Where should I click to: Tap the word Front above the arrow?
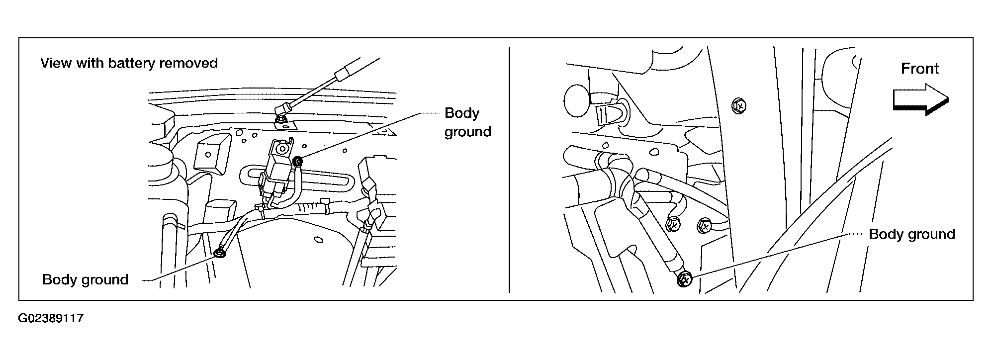pos(920,69)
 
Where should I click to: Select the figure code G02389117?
pos(51,318)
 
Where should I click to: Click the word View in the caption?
pos(56,64)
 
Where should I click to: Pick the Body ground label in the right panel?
pos(911,234)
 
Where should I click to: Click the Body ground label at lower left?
pos(86,279)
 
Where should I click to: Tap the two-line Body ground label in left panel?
pos(467,122)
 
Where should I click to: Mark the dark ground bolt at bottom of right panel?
pos(685,280)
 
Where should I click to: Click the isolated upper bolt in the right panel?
pos(739,105)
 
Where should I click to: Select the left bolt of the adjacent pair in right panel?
pos(674,225)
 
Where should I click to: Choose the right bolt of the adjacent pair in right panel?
pos(705,226)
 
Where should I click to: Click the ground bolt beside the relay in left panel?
pos(298,162)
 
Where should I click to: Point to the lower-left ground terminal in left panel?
pos(219,254)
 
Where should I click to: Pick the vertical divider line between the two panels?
pos(510,169)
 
